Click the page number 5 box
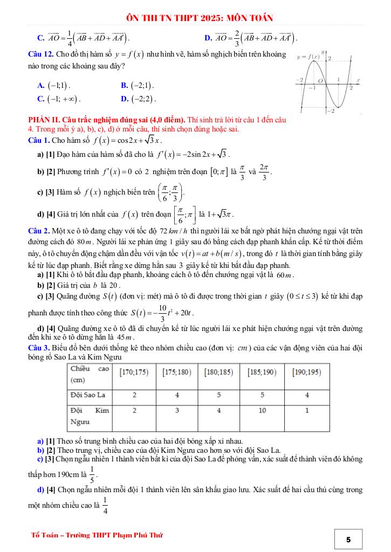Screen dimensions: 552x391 tap(348, 539)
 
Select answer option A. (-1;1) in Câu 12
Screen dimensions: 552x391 tap(54, 86)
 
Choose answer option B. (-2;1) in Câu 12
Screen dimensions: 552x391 tap(138, 86)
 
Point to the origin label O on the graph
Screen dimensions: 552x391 tap(319, 81)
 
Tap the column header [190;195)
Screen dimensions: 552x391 tap(307, 372)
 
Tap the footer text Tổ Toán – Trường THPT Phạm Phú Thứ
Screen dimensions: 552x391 tap(97, 535)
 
